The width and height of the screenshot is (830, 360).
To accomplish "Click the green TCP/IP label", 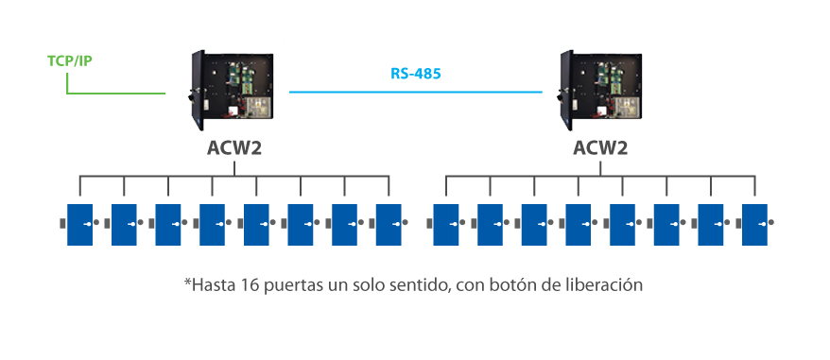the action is (x=69, y=61).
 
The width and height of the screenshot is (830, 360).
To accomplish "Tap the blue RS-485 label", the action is (x=415, y=73).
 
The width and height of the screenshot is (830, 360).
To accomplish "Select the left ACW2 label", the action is (x=233, y=148).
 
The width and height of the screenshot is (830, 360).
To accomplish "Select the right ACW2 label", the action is (x=599, y=148).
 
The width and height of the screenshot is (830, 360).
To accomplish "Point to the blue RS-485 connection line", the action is (x=415, y=92).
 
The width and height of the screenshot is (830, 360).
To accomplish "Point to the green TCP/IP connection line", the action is (x=113, y=93).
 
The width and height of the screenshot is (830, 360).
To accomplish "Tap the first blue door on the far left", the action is (x=79, y=224).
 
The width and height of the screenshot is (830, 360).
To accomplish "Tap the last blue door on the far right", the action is (x=754, y=224).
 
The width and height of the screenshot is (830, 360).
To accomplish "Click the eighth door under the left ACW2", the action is (x=389, y=224).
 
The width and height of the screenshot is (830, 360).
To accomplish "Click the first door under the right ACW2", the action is (x=446, y=224).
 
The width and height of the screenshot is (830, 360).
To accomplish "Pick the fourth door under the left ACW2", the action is (x=212, y=224).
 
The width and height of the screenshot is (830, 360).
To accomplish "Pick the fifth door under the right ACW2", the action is (x=622, y=224).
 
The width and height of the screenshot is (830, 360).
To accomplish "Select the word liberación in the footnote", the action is (x=604, y=283).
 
